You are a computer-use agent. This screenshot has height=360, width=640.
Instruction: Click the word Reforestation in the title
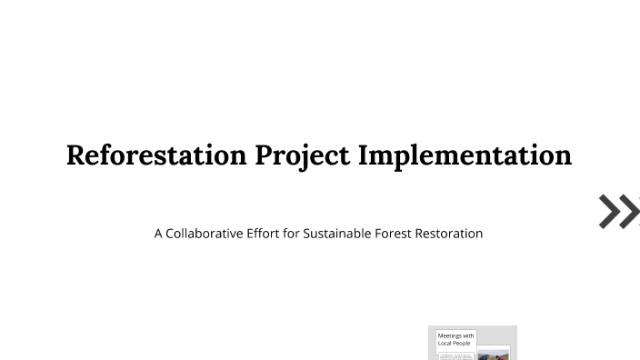[156, 155]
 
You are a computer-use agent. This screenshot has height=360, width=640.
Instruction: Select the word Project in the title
[302, 155]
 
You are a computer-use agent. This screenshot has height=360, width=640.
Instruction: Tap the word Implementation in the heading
[465, 155]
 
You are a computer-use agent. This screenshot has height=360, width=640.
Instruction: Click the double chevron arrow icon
[619, 211]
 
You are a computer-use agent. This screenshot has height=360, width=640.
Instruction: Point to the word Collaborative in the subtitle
[204, 234]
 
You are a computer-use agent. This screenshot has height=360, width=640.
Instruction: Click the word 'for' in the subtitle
[291, 234]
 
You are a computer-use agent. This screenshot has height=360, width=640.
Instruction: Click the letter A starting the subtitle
[158, 234]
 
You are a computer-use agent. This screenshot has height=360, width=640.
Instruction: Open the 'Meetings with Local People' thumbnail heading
[455, 339]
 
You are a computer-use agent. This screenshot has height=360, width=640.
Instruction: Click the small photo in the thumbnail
[494, 355]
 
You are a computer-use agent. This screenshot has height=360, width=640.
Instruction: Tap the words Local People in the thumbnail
[455, 344]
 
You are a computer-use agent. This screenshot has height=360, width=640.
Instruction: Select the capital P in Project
[264, 155]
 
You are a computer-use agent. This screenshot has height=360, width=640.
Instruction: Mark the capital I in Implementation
[363, 155]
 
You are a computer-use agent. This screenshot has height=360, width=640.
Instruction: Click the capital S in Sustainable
[307, 234]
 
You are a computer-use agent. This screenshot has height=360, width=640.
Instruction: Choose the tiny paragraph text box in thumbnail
[456, 356]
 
